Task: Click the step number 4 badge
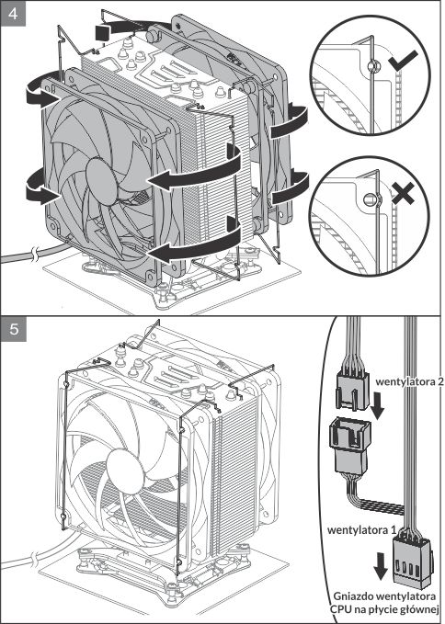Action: tap(14, 14)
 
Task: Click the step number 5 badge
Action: tap(14, 329)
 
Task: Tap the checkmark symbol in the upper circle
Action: tap(403, 60)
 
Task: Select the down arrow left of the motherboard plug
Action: tap(381, 568)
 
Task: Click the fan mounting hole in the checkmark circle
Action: tap(373, 65)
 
